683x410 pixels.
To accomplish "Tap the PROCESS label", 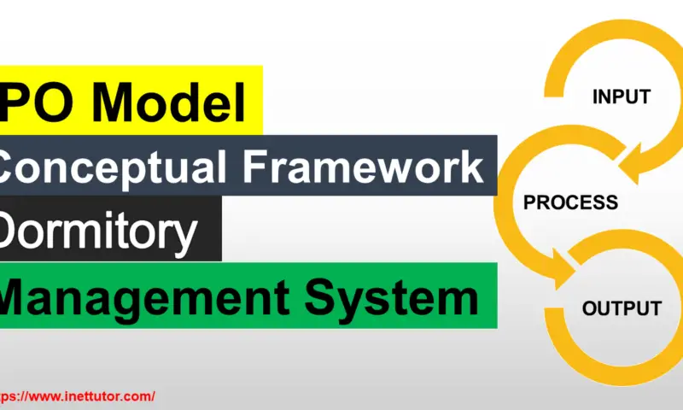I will pyautogui.click(x=570, y=202).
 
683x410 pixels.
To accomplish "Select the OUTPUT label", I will pyautogui.click(x=622, y=308).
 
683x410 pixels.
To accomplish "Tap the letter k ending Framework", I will pyautogui.click(x=470, y=166).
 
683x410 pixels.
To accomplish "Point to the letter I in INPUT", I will pyautogui.click(x=596, y=97).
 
